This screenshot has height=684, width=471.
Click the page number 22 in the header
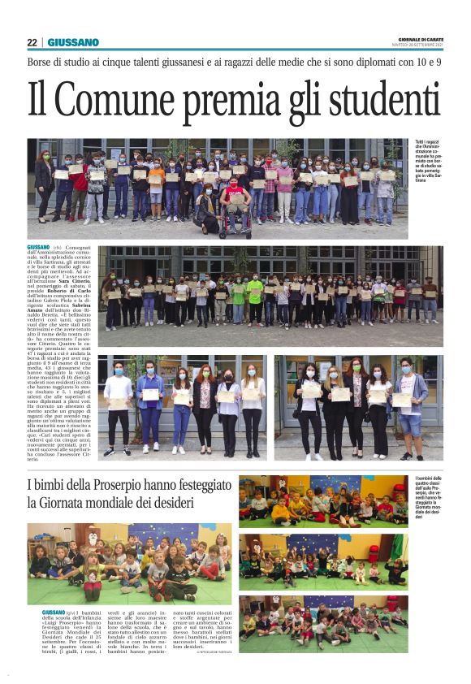click(32, 42)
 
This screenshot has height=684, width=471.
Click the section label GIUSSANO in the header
click(73, 42)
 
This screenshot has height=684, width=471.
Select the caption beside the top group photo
click(430, 160)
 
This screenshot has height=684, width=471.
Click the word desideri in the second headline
click(194, 504)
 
